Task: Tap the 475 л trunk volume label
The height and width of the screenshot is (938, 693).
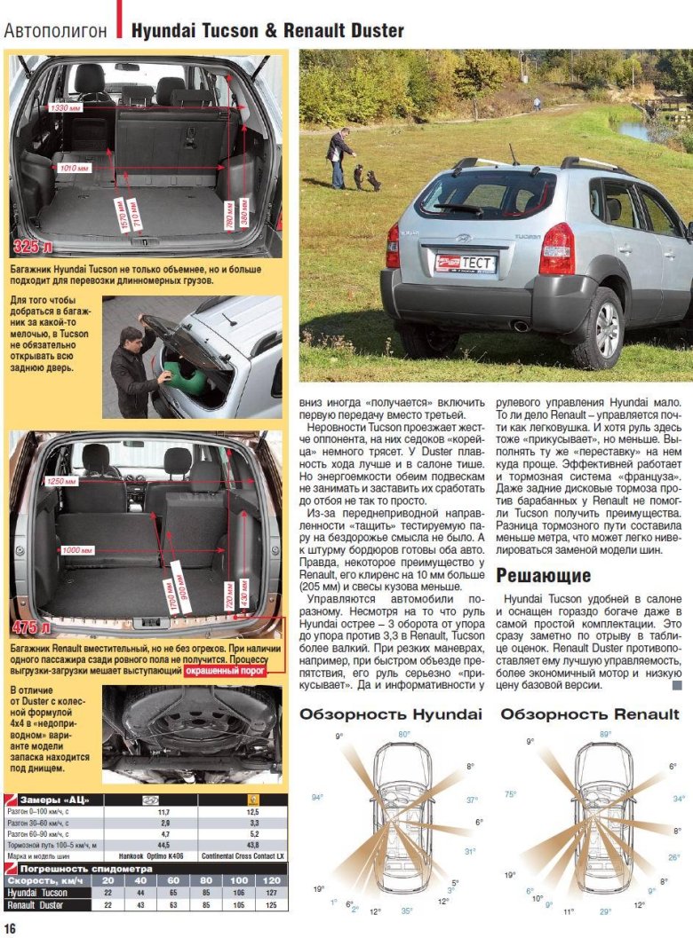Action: [32, 628]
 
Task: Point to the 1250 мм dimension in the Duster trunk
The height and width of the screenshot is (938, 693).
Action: [62, 481]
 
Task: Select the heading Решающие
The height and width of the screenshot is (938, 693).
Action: [543, 576]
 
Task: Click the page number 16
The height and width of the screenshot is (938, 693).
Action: [10, 926]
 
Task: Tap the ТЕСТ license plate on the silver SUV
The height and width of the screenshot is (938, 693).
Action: [465, 263]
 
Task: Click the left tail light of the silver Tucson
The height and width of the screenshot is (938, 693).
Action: [392, 246]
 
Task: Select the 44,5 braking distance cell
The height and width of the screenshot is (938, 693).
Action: [163, 845]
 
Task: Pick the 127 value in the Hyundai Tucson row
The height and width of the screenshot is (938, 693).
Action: [271, 893]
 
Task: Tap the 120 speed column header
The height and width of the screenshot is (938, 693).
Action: [271, 880]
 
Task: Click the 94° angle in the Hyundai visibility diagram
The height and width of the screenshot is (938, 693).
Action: [317, 797]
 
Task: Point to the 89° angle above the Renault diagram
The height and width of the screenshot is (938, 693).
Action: [605, 734]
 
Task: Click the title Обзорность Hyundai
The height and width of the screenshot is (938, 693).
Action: [390, 714]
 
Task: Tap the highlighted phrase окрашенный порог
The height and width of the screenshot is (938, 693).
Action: [226, 672]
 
